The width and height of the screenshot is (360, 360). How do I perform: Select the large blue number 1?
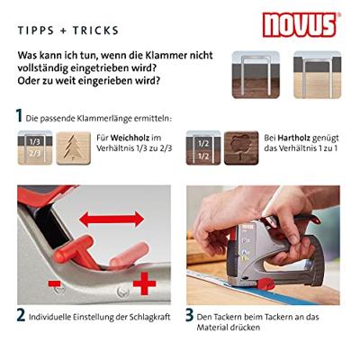coord(20,116)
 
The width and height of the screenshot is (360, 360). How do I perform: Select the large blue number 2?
coord(20,316)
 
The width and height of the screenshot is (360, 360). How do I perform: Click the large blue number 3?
coord(191,316)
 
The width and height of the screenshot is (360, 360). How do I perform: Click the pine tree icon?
coord(73,148)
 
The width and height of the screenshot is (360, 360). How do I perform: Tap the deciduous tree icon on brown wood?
coord(240,148)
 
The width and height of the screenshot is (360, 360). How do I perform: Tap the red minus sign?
coord(56,286)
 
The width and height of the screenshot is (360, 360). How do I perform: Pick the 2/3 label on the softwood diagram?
coord(34,154)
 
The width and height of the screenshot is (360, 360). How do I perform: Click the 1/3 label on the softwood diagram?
coord(34,141)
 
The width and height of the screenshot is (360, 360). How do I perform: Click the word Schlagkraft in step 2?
coord(143,316)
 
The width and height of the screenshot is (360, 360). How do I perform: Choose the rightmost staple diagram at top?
coord(316,70)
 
